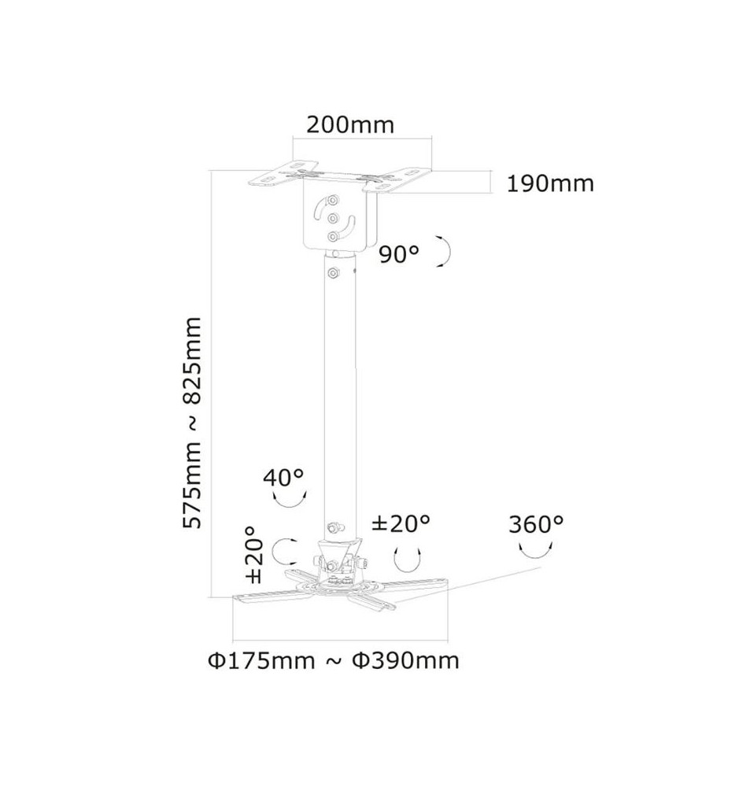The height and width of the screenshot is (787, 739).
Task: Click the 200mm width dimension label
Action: pos(350,124)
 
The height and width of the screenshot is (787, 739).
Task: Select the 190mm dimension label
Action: pos(550,183)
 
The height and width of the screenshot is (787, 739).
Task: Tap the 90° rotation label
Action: pos(398,254)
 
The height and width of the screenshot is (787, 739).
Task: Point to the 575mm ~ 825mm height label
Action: pos(192,423)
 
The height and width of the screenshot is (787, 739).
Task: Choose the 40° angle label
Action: pos(283,477)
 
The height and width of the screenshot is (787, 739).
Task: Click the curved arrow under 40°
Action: pos(290,501)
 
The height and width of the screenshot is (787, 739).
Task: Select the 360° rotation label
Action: pos(536,524)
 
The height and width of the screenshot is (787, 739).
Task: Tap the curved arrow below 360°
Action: pos(536,552)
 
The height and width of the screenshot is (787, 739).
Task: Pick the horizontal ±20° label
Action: pos(401,523)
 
